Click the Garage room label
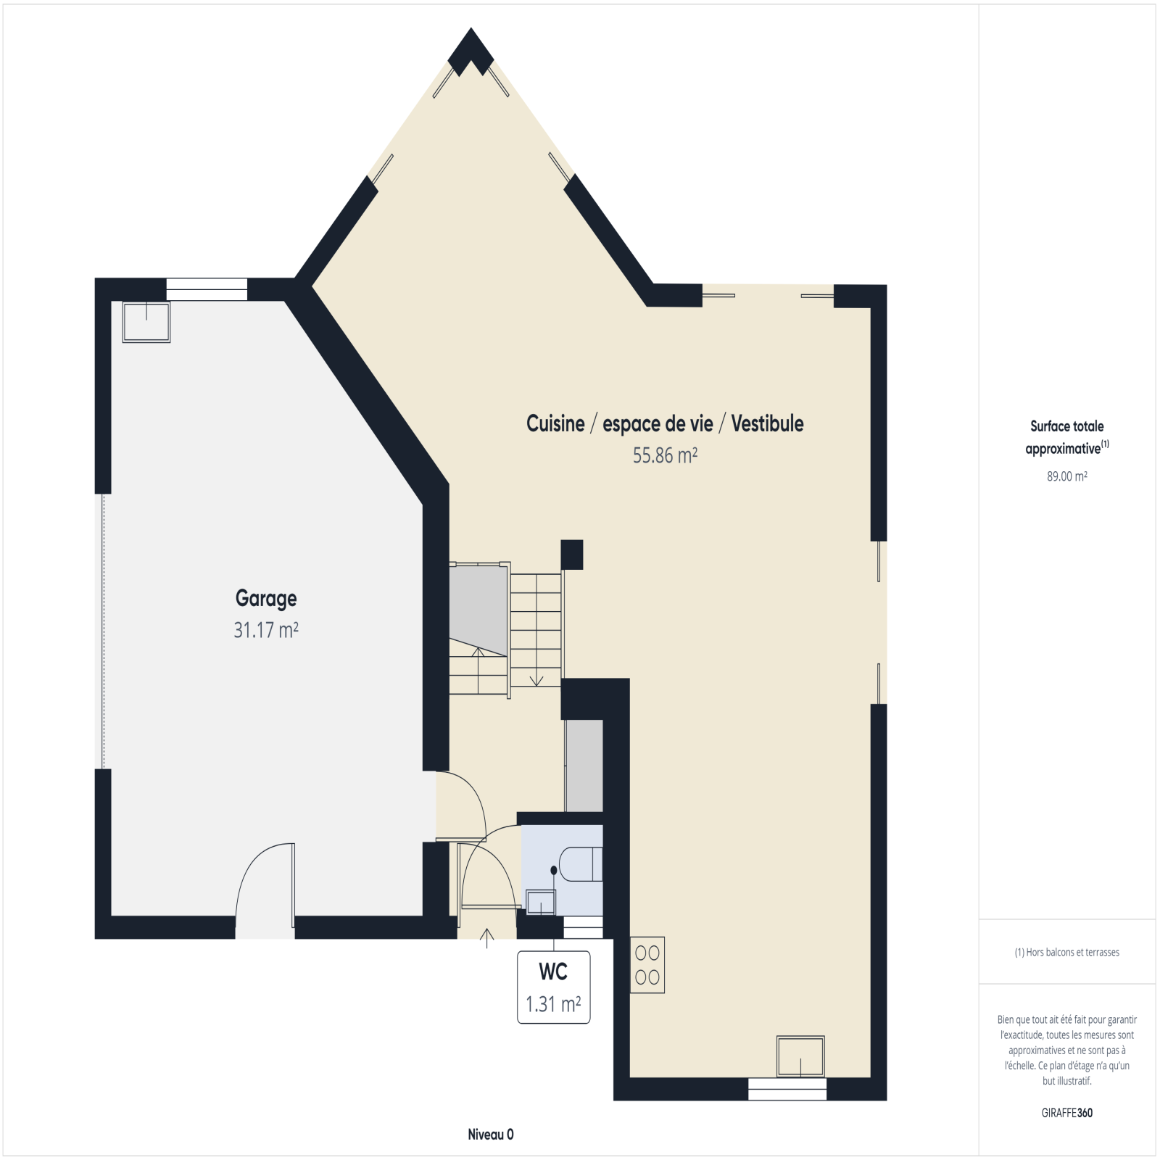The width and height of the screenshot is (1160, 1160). [x=266, y=599]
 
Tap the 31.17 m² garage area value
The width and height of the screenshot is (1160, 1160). [x=266, y=630]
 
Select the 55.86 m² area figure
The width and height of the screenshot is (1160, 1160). [x=665, y=455]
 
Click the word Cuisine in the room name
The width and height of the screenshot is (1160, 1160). [x=555, y=423]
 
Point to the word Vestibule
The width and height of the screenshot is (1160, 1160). [x=767, y=423]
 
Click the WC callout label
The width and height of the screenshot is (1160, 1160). [x=553, y=971]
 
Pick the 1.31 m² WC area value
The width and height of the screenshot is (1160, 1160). [x=553, y=1004]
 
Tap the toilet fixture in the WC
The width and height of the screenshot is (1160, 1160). [x=581, y=863]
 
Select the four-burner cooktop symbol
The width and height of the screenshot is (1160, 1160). [x=647, y=966]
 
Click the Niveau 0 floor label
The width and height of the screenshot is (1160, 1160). [x=491, y=1135]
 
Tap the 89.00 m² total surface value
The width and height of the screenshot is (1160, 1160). [x=1067, y=476]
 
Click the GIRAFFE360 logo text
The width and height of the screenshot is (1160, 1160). [x=1067, y=1113]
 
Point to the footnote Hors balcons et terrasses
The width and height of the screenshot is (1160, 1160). [x=1067, y=953]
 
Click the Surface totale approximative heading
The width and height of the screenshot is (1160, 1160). [x=1067, y=437]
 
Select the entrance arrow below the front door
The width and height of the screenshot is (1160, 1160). [x=487, y=938]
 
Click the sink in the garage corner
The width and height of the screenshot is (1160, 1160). [x=146, y=322]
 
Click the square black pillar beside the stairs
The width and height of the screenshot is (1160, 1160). [x=572, y=555]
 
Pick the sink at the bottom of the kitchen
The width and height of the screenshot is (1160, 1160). [x=800, y=1056]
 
